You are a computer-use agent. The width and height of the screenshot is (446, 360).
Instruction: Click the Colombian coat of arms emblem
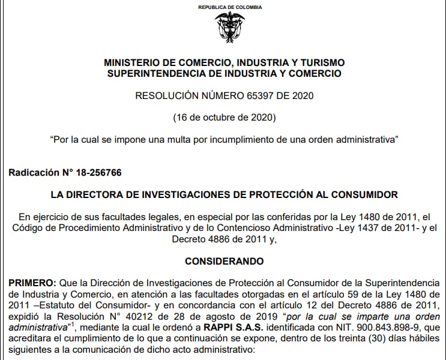tap(230, 26)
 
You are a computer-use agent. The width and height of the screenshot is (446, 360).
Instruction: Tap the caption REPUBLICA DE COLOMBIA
tap(230, 7)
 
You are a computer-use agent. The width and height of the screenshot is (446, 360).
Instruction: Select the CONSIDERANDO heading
tap(224, 262)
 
